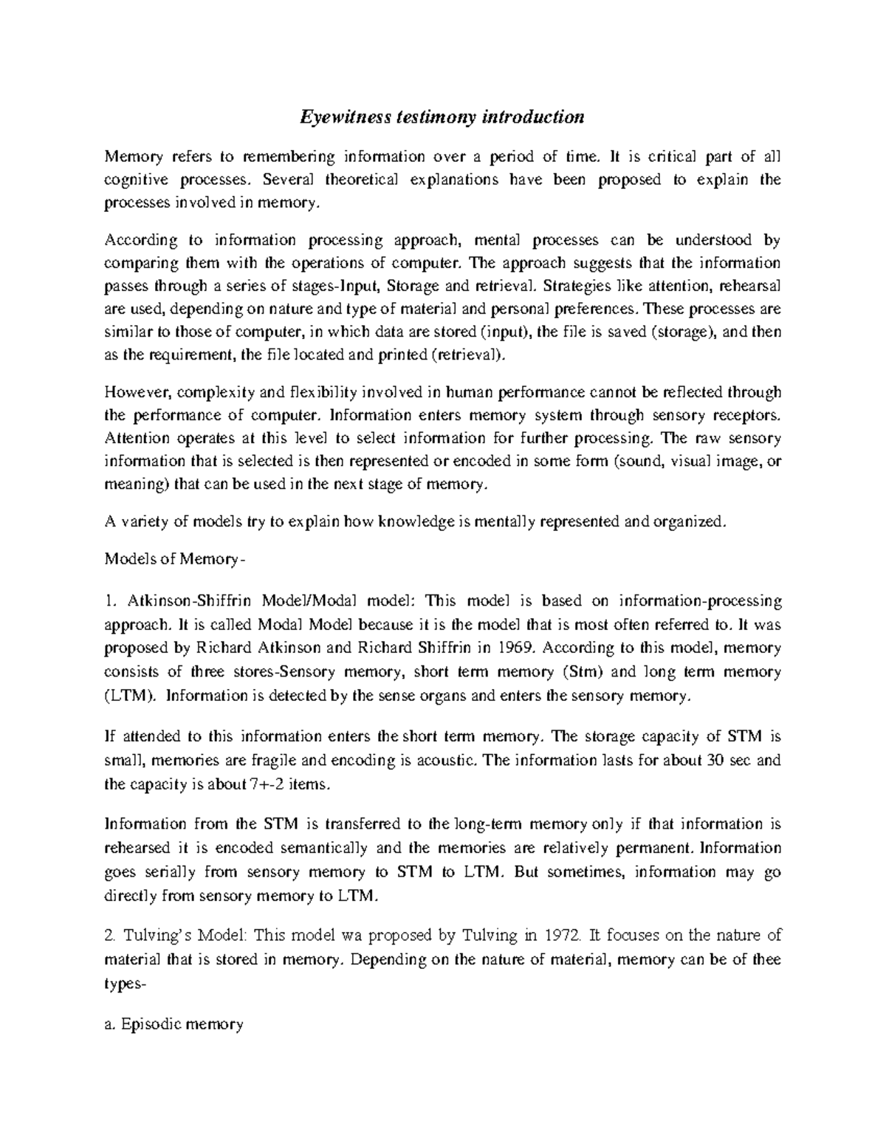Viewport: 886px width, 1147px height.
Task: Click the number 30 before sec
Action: point(715,760)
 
